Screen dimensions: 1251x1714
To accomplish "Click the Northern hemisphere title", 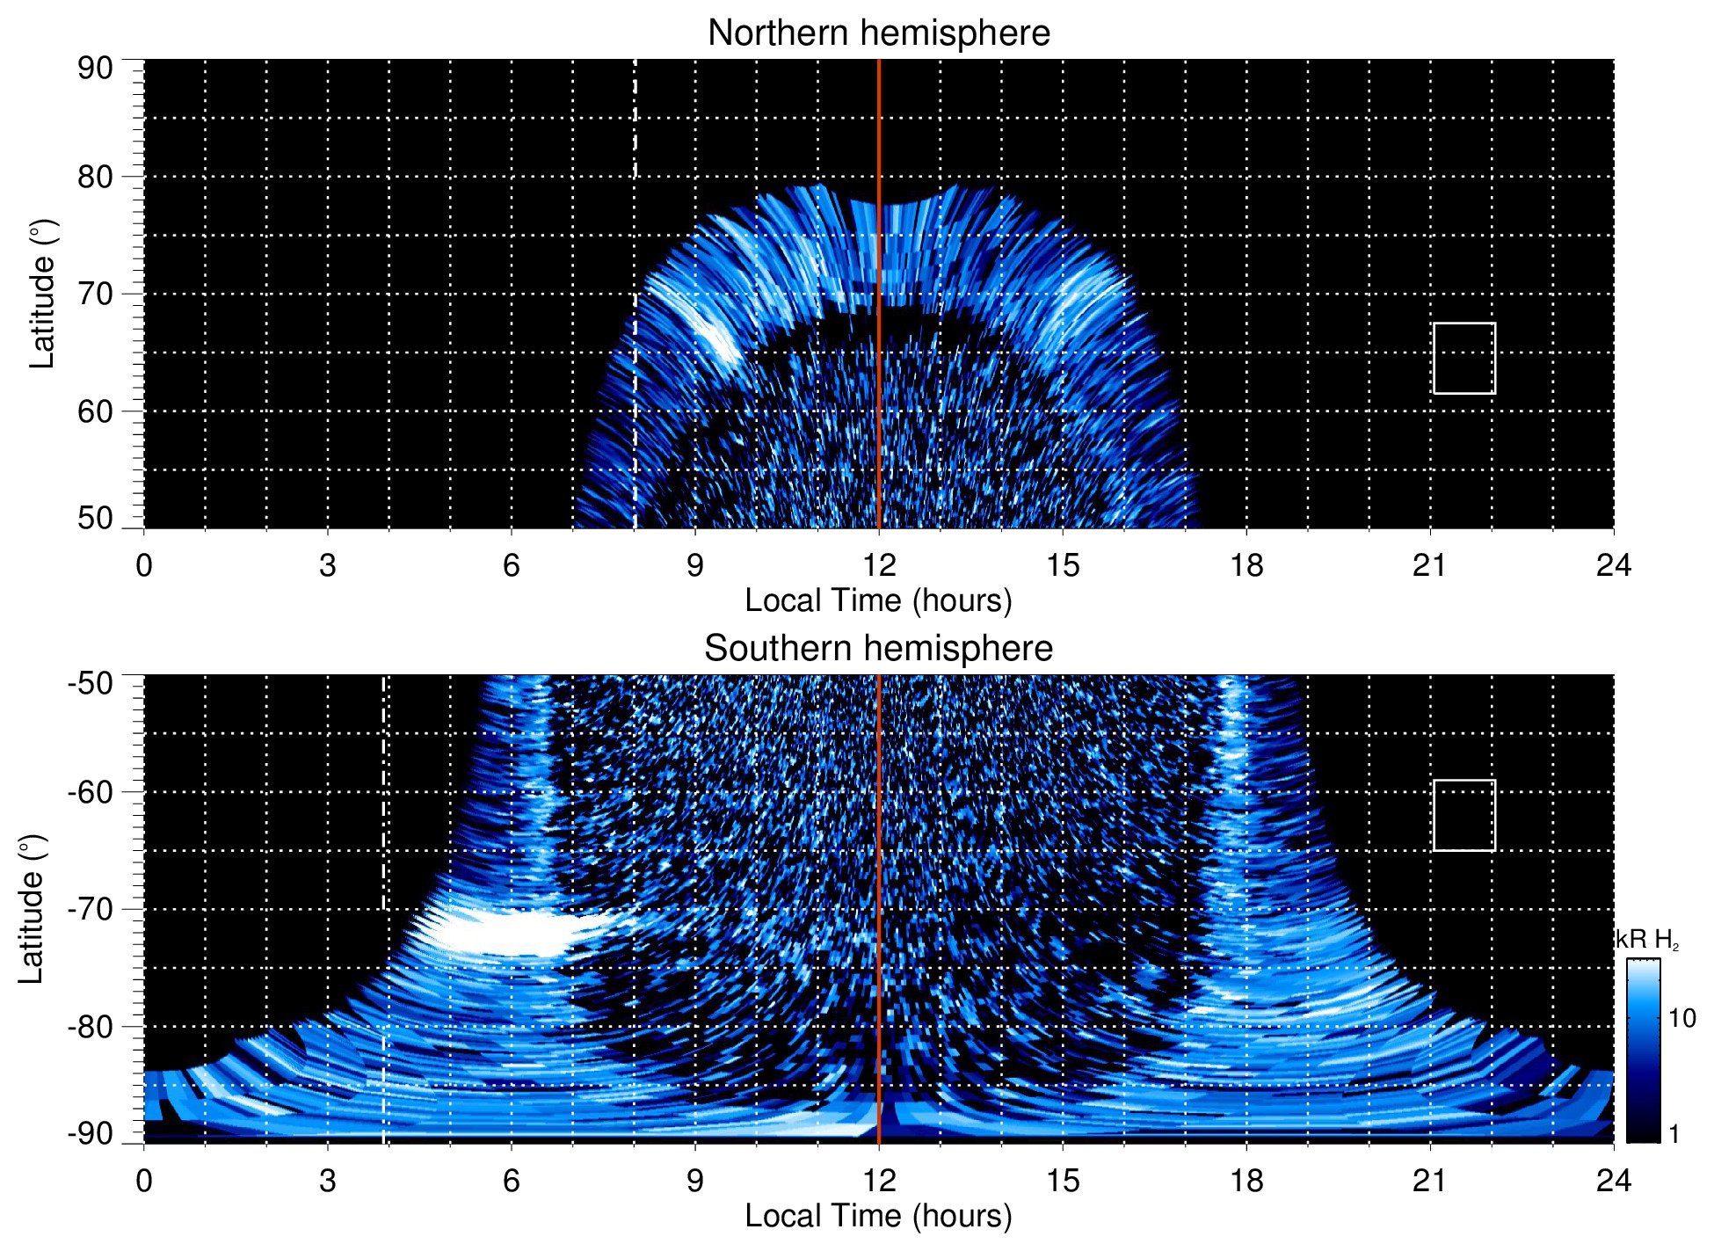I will pos(878,33).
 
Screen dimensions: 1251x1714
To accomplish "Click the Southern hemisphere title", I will pos(878,649).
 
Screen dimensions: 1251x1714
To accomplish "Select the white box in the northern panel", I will pos(1463,358).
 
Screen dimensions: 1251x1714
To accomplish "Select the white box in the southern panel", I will pos(1463,815).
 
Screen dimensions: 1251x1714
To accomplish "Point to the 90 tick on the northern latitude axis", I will pos(95,69).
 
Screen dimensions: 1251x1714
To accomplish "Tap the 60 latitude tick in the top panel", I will pos(95,411).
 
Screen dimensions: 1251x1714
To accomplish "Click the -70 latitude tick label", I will pos(91,909).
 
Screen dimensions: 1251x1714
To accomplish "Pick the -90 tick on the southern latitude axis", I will pos(91,1133).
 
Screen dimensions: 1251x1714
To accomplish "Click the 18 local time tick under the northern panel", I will pos(1246,565).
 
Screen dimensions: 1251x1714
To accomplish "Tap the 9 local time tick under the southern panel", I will pos(695,1181).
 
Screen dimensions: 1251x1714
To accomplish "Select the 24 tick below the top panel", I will pos(1613,565).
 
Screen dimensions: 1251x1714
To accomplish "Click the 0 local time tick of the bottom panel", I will pos(144,1181).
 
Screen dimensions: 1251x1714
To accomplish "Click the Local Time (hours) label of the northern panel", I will pos(878,600).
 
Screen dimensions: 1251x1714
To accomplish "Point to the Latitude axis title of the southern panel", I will pos(32,909).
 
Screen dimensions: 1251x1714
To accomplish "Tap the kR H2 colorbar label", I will pos(1647,940).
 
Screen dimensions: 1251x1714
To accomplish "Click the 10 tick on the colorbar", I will pos(1681,1018).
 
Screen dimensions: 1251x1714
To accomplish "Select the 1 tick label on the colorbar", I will pos(1674,1133).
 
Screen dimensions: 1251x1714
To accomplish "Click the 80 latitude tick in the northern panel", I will pos(95,177).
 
